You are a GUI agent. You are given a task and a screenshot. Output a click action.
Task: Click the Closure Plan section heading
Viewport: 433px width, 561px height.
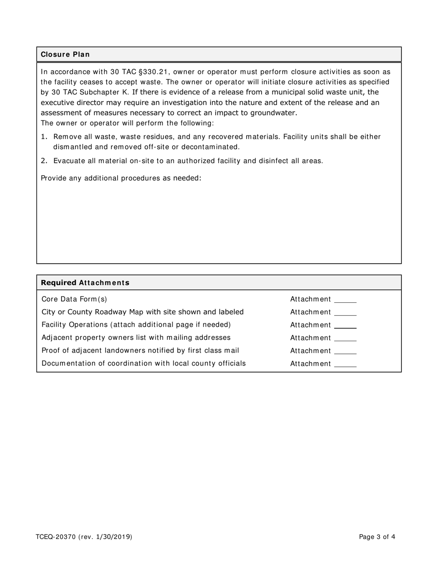(x=65, y=54)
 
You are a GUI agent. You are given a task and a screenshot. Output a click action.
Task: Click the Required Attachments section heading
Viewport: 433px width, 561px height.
(x=85, y=283)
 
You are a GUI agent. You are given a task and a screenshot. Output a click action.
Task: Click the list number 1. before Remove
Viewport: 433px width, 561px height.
(x=44, y=137)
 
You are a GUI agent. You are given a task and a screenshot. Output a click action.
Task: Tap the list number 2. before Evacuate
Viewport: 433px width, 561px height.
(x=44, y=161)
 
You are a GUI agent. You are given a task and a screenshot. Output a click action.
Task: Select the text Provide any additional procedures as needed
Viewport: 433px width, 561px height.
(x=121, y=178)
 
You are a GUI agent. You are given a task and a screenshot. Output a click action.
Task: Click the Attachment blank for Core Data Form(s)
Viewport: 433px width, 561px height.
(x=345, y=300)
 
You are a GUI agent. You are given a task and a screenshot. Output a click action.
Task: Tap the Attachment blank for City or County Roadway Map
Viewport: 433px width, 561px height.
(x=345, y=313)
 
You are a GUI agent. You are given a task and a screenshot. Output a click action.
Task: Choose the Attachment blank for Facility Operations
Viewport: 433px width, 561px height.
(x=345, y=326)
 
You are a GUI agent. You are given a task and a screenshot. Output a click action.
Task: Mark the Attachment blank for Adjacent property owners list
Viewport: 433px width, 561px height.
(x=345, y=338)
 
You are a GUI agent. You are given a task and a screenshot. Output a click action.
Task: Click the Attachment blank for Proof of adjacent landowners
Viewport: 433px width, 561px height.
(x=345, y=351)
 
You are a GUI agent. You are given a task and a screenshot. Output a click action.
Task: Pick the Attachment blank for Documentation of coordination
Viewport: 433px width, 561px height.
(x=345, y=364)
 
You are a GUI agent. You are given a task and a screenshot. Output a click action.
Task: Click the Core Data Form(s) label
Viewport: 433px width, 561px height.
(x=74, y=299)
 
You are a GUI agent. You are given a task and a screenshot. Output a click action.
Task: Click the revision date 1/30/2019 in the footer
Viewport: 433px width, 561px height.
(x=113, y=537)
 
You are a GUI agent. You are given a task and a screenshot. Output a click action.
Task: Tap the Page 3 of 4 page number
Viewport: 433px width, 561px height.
(x=377, y=537)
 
